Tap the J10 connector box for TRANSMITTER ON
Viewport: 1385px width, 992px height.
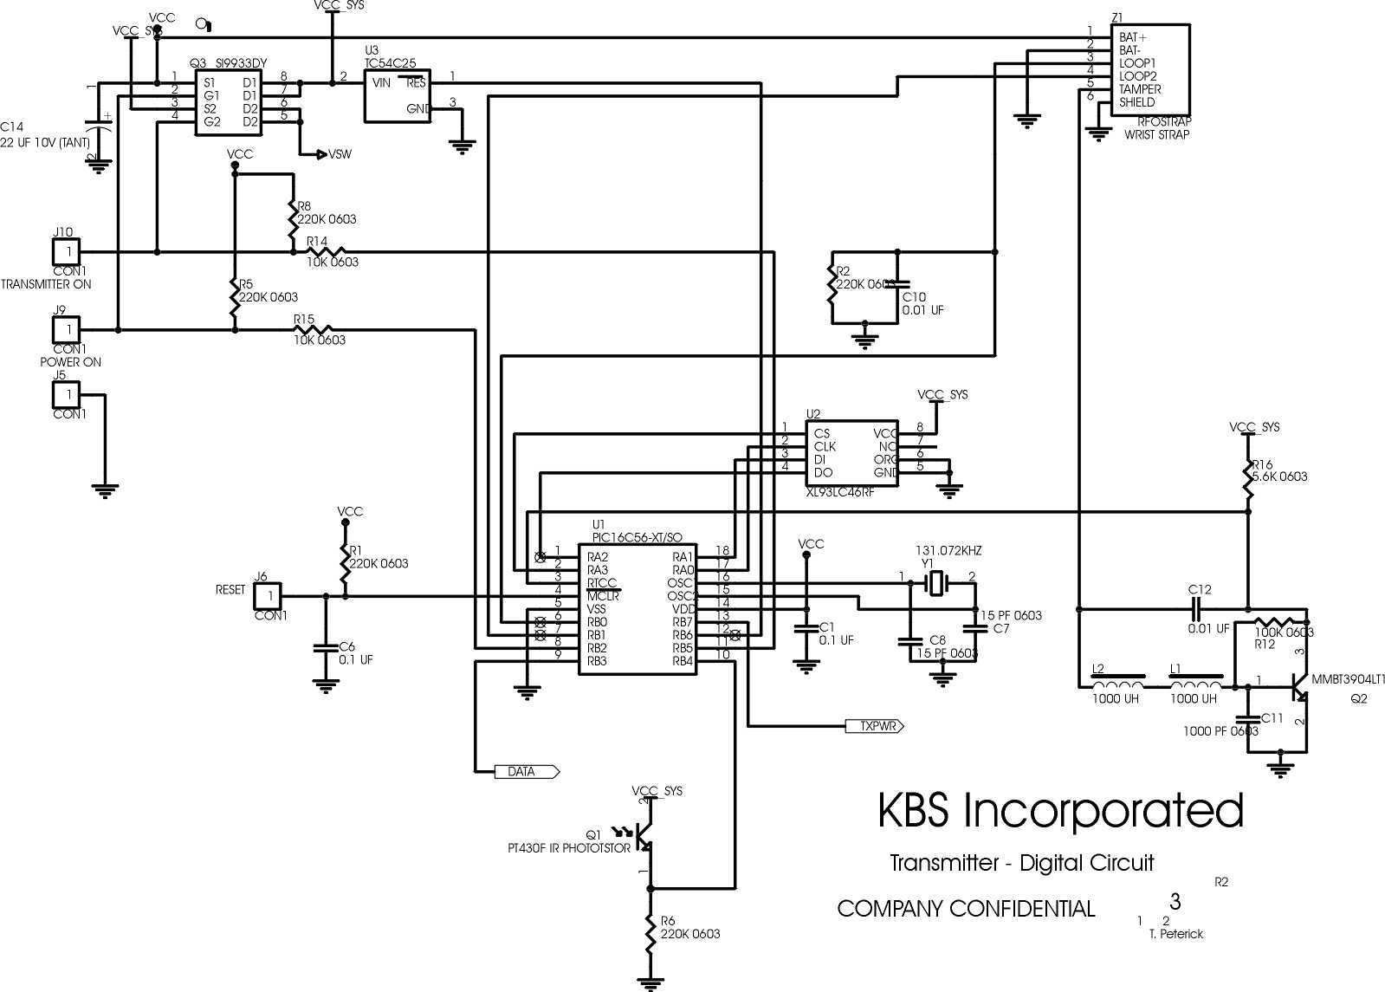67,252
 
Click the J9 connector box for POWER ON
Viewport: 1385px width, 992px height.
67,330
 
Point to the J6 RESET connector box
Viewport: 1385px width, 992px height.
269,596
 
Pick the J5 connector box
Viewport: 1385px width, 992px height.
67,395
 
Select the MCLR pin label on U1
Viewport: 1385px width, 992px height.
603,596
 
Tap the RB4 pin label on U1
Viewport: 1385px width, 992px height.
683,661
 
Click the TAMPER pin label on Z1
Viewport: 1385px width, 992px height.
1140,89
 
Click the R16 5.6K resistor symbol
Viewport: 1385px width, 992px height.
1248,478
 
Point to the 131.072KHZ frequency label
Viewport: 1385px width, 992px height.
948,551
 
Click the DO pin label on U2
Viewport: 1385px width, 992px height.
823,473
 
